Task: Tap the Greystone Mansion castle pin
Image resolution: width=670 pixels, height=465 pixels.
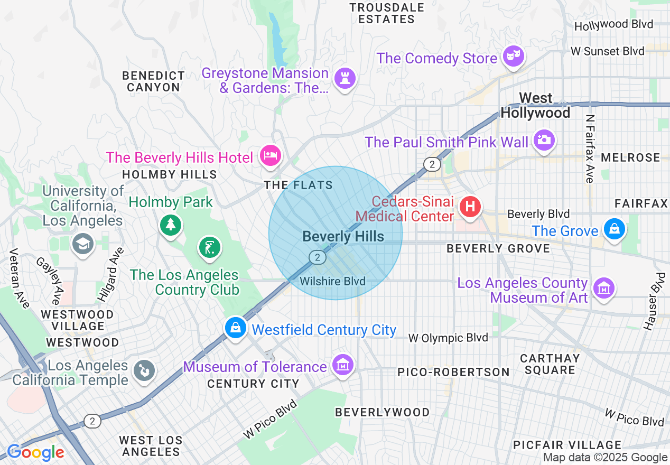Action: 345,79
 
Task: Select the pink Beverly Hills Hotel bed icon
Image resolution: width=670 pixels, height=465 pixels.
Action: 271,156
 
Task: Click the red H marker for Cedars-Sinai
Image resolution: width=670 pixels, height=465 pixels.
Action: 469,207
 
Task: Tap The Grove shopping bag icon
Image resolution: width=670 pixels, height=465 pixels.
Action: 615,229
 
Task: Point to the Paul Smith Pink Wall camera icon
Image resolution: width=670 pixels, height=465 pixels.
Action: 544,140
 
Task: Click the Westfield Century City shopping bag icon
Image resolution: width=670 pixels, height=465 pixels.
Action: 236,328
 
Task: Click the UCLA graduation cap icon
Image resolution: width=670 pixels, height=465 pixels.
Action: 83,244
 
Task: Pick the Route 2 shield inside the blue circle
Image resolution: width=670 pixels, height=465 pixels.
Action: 317,257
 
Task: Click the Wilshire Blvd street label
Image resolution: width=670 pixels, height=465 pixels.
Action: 332,281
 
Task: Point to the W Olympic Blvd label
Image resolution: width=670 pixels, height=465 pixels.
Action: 449,338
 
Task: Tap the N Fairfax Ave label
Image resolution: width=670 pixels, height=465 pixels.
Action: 590,149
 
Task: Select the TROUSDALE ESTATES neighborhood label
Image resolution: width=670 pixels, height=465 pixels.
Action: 387,13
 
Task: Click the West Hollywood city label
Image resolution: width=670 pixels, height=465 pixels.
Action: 535,105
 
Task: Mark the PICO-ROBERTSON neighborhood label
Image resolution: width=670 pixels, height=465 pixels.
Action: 453,372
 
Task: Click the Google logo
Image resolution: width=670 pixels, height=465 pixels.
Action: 35,452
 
